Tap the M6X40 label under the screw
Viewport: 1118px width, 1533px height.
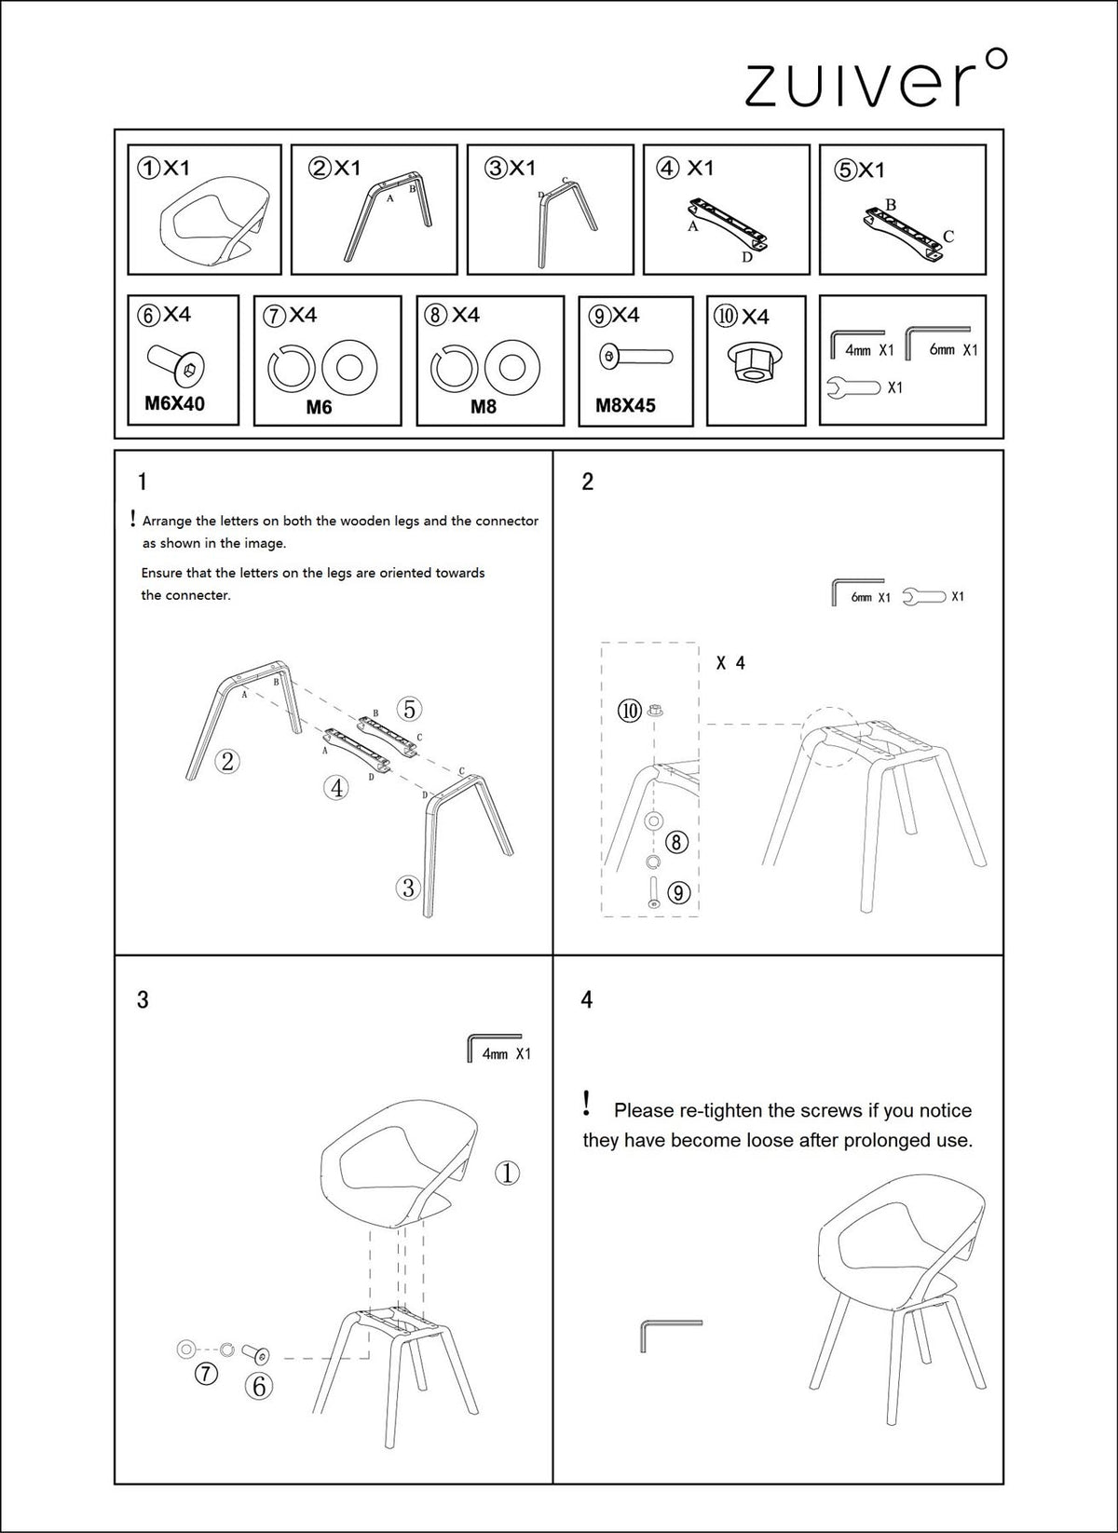pyautogui.click(x=174, y=403)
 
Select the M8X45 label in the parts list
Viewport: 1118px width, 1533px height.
pyautogui.click(x=625, y=405)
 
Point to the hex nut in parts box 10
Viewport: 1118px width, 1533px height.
pyautogui.click(x=756, y=363)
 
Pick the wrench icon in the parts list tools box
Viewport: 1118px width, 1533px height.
pyautogui.click(x=853, y=387)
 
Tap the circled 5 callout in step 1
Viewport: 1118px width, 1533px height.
pyautogui.click(x=409, y=709)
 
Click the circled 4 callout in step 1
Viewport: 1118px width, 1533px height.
pyautogui.click(x=336, y=788)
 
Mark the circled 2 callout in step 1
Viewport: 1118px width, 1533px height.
pyautogui.click(x=227, y=760)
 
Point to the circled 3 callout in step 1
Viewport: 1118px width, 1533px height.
pyautogui.click(x=408, y=888)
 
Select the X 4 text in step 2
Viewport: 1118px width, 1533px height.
pyautogui.click(x=730, y=662)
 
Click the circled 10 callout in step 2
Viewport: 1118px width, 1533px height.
pyautogui.click(x=630, y=711)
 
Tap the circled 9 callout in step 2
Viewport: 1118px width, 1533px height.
pyautogui.click(x=677, y=892)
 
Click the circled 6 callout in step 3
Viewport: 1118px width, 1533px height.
pyautogui.click(x=259, y=1387)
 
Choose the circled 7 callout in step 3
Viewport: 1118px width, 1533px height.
pyautogui.click(x=207, y=1374)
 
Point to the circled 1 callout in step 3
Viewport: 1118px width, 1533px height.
pyautogui.click(x=508, y=1173)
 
